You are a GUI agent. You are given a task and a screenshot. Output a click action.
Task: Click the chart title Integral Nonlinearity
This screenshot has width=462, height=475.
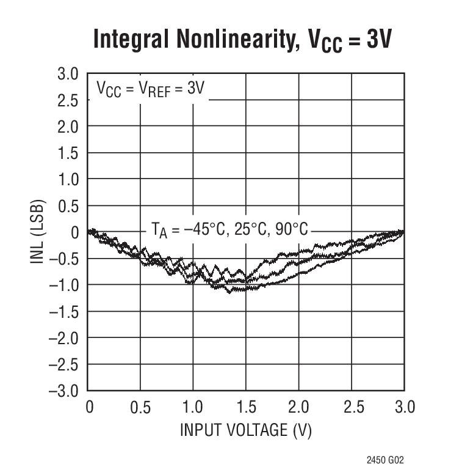[x=242, y=40]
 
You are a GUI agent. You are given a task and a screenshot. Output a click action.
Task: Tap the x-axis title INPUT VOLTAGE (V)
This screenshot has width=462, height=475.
[x=245, y=430]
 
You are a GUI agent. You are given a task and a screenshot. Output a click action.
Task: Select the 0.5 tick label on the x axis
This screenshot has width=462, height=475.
[x=140, y=407]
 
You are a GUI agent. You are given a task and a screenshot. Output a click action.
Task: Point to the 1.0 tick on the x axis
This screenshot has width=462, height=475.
[x=193, y=407]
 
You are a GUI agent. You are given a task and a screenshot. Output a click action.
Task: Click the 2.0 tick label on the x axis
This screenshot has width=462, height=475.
[x=298, y=407]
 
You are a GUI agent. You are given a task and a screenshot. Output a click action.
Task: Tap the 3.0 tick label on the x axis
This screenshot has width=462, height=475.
[x=403, y=407]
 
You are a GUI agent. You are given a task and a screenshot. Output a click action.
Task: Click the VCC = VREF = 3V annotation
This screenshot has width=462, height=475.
[x=150, y=89]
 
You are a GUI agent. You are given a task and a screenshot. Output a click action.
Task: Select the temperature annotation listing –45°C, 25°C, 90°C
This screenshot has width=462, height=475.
[x=229, y=230]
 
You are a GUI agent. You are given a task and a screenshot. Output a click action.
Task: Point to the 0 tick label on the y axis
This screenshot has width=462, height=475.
[x=76, y=232]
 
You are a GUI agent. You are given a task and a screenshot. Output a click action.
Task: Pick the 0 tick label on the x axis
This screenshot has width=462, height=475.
[x=89, y=407]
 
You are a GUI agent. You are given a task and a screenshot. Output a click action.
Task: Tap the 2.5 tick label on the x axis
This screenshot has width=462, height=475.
[x=351, y=407]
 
